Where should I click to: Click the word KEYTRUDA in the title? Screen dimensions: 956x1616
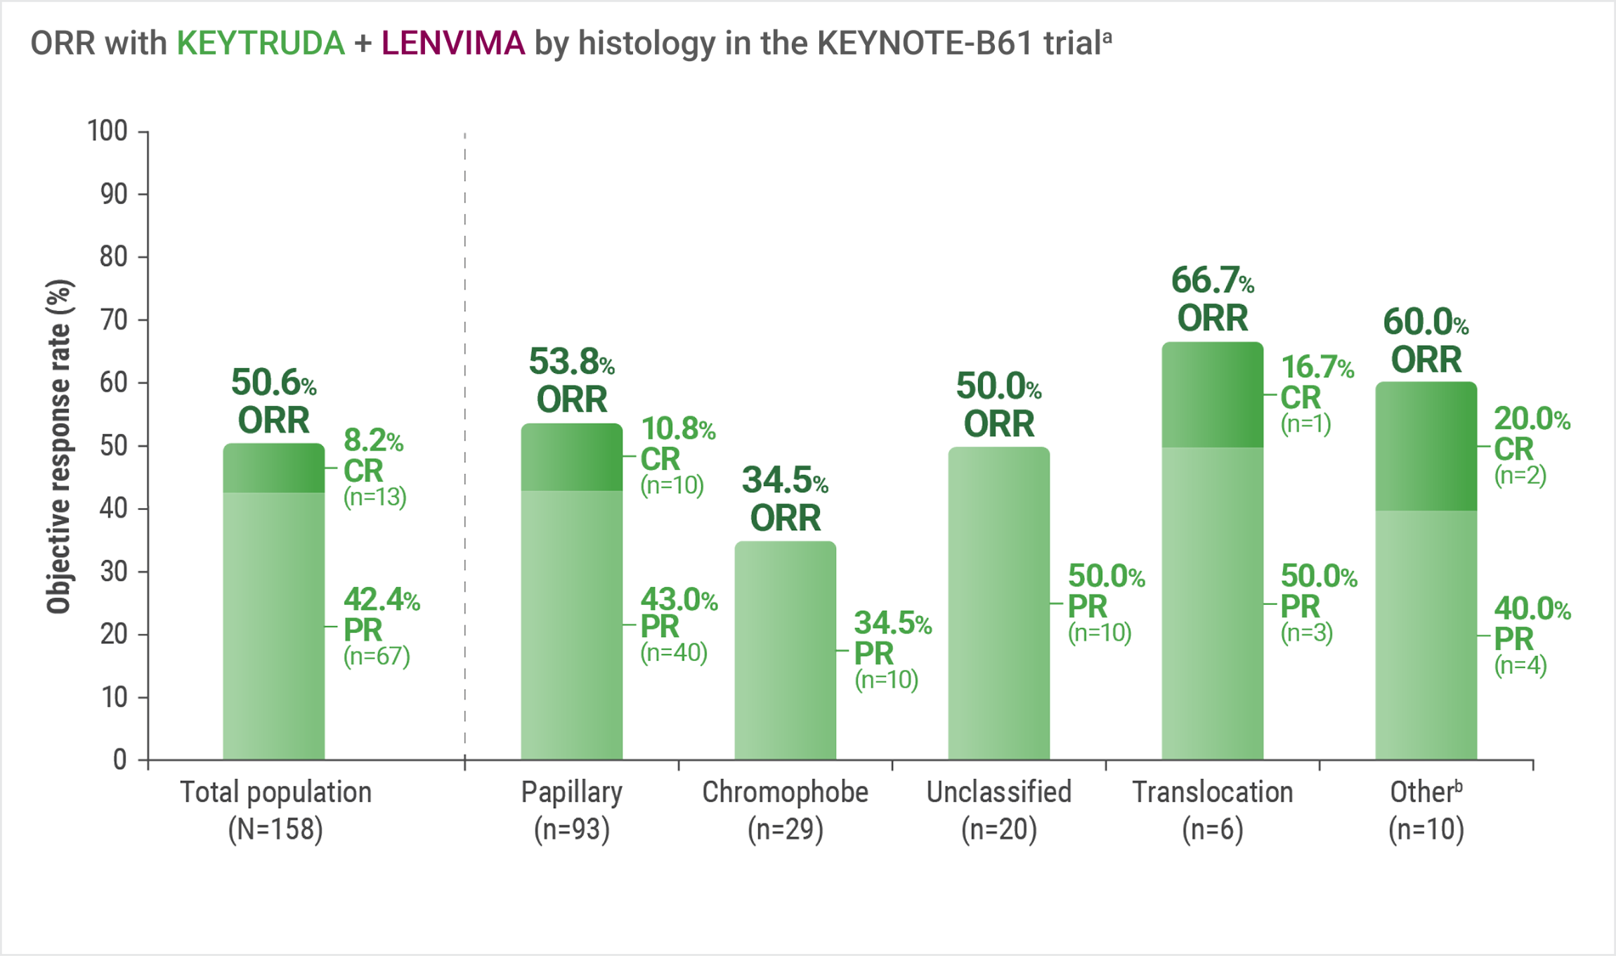260,44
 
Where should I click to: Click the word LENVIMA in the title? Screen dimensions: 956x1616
453,44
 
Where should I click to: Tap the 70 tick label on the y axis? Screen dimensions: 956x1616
114,320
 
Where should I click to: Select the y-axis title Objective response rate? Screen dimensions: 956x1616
59,446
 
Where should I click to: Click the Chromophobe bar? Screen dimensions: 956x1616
785,650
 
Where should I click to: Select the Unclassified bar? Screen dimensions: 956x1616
998,603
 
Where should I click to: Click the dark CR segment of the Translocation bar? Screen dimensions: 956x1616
1212,395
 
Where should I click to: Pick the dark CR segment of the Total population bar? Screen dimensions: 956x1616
273,468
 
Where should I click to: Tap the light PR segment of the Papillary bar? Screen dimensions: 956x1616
571,624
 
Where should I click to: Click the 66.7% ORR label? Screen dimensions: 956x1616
1212,299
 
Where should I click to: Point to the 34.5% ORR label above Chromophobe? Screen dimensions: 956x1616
785,499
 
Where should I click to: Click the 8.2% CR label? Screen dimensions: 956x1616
374,469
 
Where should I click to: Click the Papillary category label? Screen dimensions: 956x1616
571,792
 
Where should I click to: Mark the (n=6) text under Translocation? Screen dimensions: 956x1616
1212,830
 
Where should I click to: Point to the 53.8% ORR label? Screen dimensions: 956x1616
571,381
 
